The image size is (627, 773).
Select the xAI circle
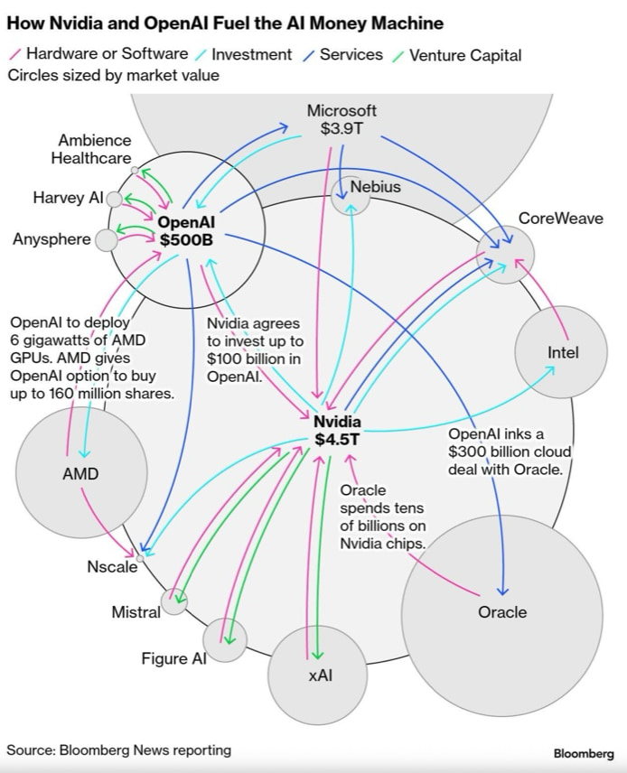point(319,675)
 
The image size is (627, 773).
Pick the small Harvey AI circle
point(115,199)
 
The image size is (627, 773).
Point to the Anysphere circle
point(107,240)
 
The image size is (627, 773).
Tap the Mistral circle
point(173,601)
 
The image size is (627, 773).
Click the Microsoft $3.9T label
point(341,119)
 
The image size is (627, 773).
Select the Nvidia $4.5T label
point(337,431)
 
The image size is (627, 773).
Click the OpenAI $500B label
point(185,231)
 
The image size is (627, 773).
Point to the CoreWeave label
point(560,219)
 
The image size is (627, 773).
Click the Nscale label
point(112,567)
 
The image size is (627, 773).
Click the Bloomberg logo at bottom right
point(583,753)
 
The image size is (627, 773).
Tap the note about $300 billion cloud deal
point(505,452)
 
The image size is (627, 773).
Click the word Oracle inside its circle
point(502,612)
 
